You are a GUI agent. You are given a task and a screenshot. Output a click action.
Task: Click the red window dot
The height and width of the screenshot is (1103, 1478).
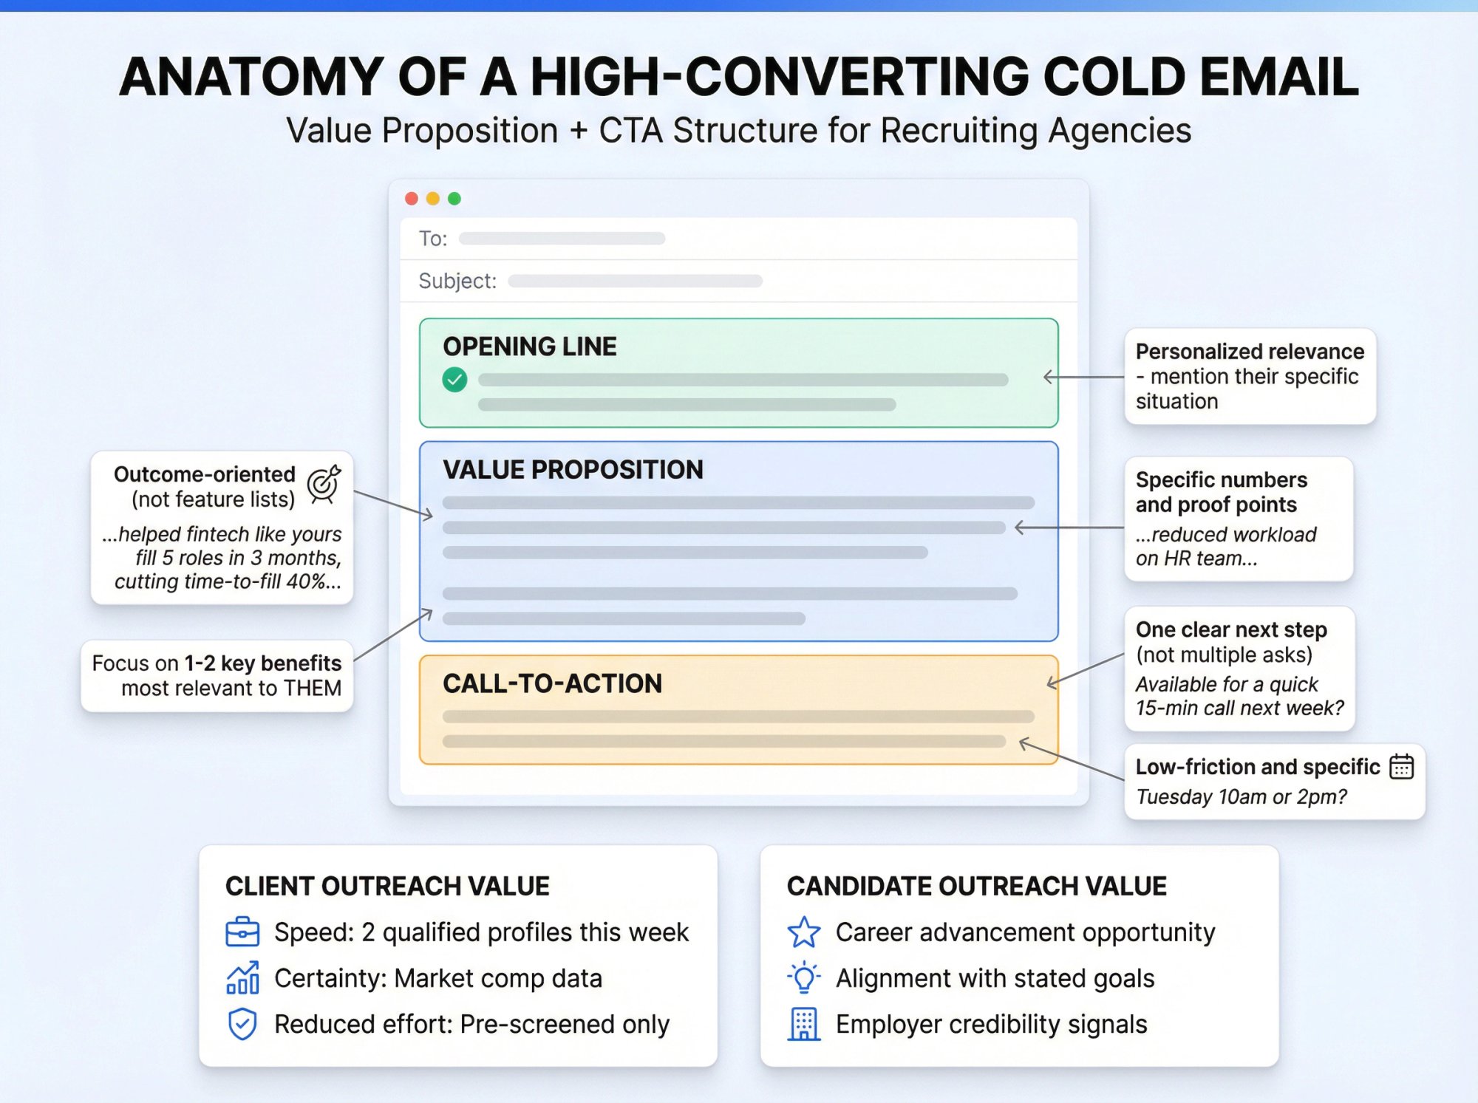(x=412, y=198)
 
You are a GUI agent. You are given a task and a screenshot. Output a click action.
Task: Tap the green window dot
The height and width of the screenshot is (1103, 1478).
(x=454, y=198)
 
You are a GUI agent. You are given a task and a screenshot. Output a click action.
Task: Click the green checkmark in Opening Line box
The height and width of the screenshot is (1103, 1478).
(x=454, y=380)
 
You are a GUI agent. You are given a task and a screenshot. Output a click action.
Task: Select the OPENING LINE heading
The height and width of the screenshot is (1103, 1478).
(x=529, y=346)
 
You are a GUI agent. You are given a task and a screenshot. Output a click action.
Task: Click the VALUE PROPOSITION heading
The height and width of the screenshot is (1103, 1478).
(x=573, y=470)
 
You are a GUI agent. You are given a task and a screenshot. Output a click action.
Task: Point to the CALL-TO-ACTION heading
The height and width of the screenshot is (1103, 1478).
(x=552, y=683)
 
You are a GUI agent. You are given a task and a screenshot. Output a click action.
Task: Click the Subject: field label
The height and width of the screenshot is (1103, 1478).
(x=457, y=281)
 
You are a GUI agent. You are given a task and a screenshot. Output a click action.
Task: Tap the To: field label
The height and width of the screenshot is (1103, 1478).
(x=432, y=239)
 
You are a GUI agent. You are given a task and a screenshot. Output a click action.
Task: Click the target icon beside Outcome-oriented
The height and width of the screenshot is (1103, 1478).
(x=324, y=484)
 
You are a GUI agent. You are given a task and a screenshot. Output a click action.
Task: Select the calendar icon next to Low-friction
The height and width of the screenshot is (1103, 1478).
(x=1401, y=767)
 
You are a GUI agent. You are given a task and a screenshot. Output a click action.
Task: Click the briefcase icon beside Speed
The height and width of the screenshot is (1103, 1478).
(x=242, y=932)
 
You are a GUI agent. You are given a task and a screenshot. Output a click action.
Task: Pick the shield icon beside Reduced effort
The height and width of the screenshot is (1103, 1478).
(x=242, y=1024)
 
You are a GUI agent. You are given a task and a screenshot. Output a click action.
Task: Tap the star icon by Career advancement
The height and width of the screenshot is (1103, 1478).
(x=804, y=932)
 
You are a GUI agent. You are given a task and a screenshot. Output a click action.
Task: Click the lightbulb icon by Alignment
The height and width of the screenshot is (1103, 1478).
(x=804, y=978)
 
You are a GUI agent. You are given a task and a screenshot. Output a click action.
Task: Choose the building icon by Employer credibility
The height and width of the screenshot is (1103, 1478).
(x=804, y=1024)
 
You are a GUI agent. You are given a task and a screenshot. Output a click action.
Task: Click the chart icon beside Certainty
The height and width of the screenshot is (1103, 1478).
(x=242, y=978)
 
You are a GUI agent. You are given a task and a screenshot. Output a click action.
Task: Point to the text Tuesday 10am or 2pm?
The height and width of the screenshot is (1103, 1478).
(x=1242, y=797)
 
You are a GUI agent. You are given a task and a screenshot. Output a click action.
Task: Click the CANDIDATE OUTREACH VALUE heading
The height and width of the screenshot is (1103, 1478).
(x=976, y=886)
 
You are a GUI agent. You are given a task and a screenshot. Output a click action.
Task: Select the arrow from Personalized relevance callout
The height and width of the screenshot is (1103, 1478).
(x=1083, y=377)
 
